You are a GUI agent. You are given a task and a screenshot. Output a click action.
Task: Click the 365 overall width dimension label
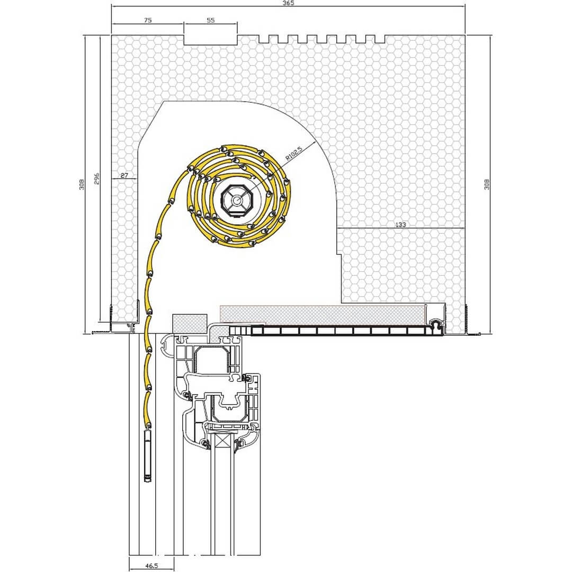(x=288, y=3)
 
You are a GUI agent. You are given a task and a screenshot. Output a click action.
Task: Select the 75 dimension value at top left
(x=148, y=21)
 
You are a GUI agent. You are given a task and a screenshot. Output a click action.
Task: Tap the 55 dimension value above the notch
(x=211, y=21)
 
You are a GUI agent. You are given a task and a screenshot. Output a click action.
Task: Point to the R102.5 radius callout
(x=294, y=154)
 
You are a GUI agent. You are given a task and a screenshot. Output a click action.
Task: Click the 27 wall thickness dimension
(x=124, y=175)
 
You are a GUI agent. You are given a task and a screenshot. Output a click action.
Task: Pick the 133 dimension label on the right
(x=400, y=225)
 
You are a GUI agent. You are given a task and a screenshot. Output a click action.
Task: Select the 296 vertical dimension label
(x=97, y=178)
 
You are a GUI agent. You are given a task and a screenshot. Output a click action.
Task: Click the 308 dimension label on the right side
(x=486, y=184)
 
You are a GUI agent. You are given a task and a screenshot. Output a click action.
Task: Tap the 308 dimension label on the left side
(x=82, y=184)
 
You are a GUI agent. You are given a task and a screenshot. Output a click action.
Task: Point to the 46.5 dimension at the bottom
(x=151, y=566)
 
